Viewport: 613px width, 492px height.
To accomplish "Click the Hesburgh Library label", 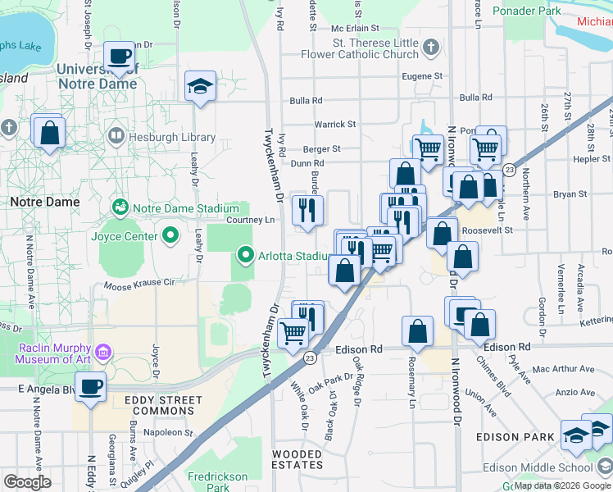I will coord(172,138).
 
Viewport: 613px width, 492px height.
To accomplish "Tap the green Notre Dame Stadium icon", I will coord(121,204).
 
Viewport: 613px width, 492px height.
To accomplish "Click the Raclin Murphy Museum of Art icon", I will coord(102,353).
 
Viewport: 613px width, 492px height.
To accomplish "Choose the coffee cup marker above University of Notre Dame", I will coord(120,57).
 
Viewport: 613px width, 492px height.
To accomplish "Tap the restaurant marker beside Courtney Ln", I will coord(307,211).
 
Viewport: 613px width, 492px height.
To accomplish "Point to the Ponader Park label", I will coord(527,11).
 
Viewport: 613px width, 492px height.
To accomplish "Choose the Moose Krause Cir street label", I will coord(140,284).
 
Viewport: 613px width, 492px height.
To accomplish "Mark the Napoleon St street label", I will coord(167,432).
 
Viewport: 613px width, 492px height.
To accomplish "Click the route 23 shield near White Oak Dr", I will coord(309,358).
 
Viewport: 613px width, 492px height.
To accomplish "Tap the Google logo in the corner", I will coord(27,481).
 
